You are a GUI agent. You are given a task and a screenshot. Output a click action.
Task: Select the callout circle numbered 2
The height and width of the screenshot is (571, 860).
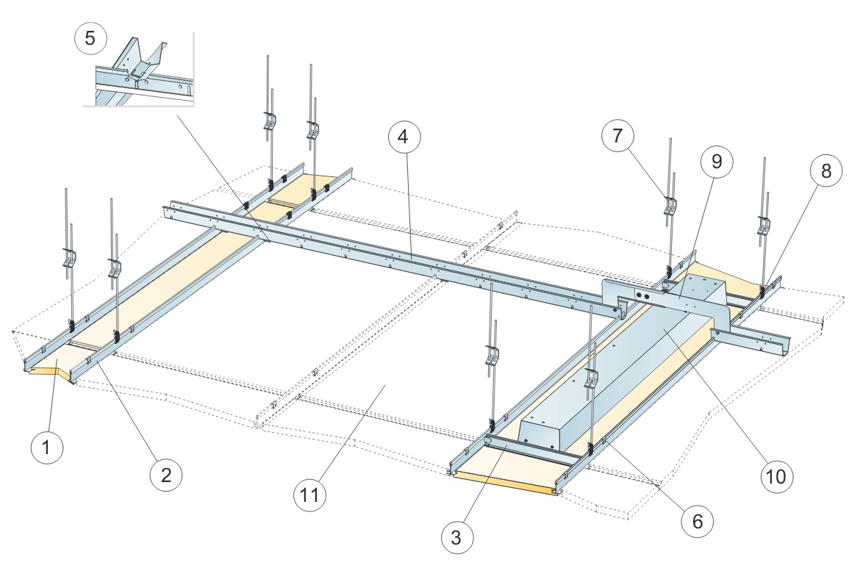tap(166, 475)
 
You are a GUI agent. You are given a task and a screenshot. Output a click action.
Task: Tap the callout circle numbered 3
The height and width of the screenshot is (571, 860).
tap(457, 538)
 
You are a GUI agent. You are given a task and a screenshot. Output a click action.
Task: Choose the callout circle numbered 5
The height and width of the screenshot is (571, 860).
tap(90, 38)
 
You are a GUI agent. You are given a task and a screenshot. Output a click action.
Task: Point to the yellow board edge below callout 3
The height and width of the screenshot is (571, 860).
tap(507, 482)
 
